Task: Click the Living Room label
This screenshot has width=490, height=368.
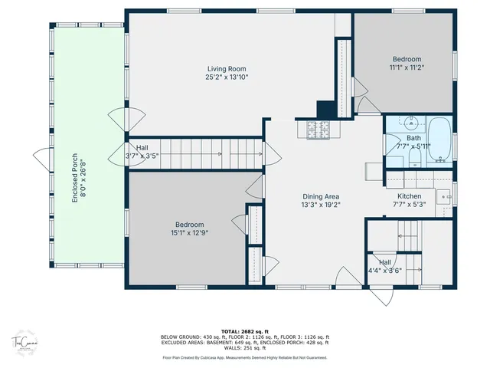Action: (226, 68)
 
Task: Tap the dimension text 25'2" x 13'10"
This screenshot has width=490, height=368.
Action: (226, 77)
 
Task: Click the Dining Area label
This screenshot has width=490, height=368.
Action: (321, 196)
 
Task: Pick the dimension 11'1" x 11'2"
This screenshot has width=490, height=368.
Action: (407, 67)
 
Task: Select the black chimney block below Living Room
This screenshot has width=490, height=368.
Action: (323, 110)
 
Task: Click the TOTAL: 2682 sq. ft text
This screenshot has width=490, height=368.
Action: (244, 332)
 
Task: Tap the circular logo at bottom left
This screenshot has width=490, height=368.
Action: (24, 342)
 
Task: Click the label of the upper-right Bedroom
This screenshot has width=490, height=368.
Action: (407, 59)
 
